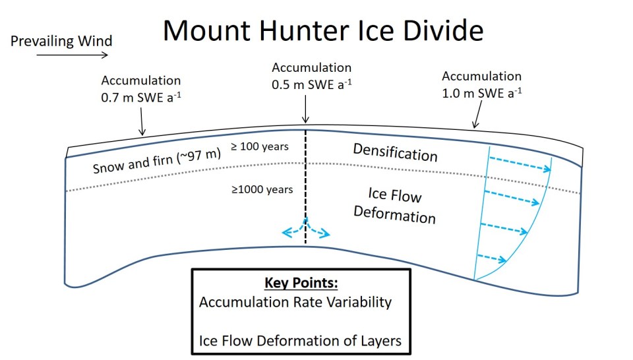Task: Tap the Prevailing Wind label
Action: pyautogui.click(x=61, y=41)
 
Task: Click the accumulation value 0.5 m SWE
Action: pyautogui.click(x=311, y=85)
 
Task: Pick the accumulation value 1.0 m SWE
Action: pyautogui.click(x=481, y=94)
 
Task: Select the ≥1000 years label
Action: pyautogui.click(x=262, y=190)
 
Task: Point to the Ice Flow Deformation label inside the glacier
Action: pyautogui.click(x=394, y=205)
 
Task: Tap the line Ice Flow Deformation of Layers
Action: pyautogui.click(x=300, y=342)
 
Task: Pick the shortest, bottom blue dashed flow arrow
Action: pyautogui.click(x=491, y=258)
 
